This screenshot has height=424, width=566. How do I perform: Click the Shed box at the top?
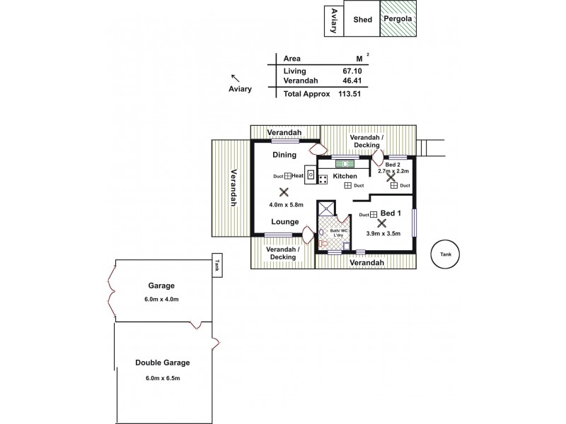(362, 20)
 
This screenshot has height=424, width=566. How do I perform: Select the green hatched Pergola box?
(400, 20)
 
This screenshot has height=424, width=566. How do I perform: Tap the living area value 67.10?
(352, 71)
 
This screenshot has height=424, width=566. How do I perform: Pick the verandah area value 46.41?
(352, 81)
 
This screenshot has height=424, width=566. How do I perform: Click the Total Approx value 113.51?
(350, 93)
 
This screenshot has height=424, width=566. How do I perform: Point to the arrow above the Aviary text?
(235, 78)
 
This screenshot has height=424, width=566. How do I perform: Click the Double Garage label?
(163, 363)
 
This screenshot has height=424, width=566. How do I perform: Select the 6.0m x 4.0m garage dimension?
(162, 299)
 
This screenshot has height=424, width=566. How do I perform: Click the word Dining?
(284, 154)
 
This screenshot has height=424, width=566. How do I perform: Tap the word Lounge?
(284, 221)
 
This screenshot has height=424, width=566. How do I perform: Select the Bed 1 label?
(391, 213)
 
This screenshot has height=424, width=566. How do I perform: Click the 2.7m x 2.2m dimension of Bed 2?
(394, 171)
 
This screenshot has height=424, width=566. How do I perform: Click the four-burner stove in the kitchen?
(323, 179)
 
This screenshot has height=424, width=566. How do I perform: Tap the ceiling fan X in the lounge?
(284, 192)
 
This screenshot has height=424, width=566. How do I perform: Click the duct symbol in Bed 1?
(373, 214)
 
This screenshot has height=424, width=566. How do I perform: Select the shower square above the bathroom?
(325, 208)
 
